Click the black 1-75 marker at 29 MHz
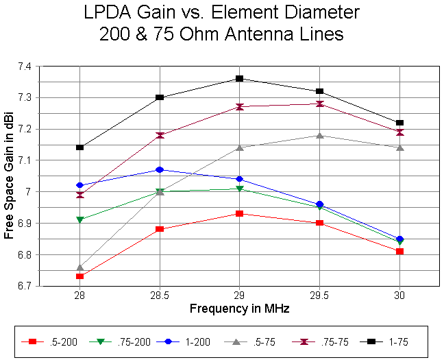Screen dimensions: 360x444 tap(239, 79)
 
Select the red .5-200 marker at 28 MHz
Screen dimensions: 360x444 tap(80, 276)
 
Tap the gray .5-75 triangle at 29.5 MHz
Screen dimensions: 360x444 tap(319, 135)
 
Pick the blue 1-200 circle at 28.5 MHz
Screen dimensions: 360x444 tap(160, 169)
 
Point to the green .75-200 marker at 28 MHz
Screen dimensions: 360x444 tap(80, 219)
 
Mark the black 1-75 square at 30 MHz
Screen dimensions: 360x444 tap(399, 123)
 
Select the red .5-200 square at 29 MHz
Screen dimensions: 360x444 tap(239, 213)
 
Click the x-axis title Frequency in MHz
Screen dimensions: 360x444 tap(240, 309)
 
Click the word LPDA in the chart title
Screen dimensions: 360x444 tap(108, 12)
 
